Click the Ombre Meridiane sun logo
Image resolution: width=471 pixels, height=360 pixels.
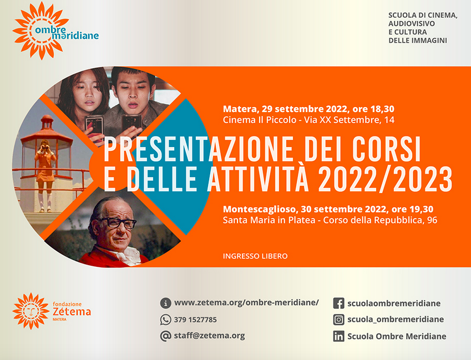point(40,31)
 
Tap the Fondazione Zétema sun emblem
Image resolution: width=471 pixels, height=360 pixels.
point(31,311)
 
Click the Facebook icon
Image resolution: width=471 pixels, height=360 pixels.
point(338,303)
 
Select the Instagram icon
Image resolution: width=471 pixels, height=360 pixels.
point(338,320)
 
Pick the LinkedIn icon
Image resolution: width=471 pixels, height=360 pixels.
point(338,336)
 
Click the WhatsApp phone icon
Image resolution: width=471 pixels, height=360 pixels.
point(165,320)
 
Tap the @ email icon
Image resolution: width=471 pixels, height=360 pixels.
point(165,336)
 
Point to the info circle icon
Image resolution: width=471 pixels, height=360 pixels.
point(165,303)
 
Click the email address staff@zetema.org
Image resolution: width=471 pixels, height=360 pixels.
point(209,336)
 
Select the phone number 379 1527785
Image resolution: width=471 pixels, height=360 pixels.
point(195,320)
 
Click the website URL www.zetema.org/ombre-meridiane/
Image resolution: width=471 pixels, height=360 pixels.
point(246,303)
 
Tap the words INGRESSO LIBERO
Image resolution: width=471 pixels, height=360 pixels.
point(255,256)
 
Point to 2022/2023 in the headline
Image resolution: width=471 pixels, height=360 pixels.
point(386,179)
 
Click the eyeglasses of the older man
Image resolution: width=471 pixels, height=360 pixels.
point(119,222)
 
